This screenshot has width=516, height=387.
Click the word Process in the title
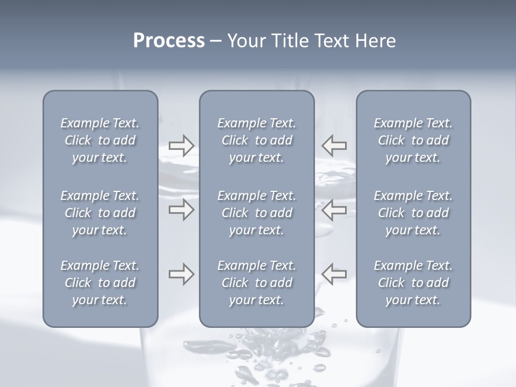point(169,41)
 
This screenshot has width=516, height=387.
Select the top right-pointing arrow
point(182,145)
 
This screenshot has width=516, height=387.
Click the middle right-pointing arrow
point(182,210)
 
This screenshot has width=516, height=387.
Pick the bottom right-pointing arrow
point(182,274)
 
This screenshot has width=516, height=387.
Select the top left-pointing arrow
point(334,145)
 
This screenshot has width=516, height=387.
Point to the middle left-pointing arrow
point(334,210)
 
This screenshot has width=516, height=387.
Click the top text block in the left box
point(100,140)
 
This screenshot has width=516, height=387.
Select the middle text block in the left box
point(100,213)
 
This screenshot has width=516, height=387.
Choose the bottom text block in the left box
point(100,283)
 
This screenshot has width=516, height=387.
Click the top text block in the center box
point(257,140)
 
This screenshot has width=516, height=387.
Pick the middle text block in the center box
point(257,213)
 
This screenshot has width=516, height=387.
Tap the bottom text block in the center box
point(257,283)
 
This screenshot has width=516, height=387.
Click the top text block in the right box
point(413,140)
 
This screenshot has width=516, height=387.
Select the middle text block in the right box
point(413,213)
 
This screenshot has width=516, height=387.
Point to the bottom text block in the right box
point(413,283)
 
